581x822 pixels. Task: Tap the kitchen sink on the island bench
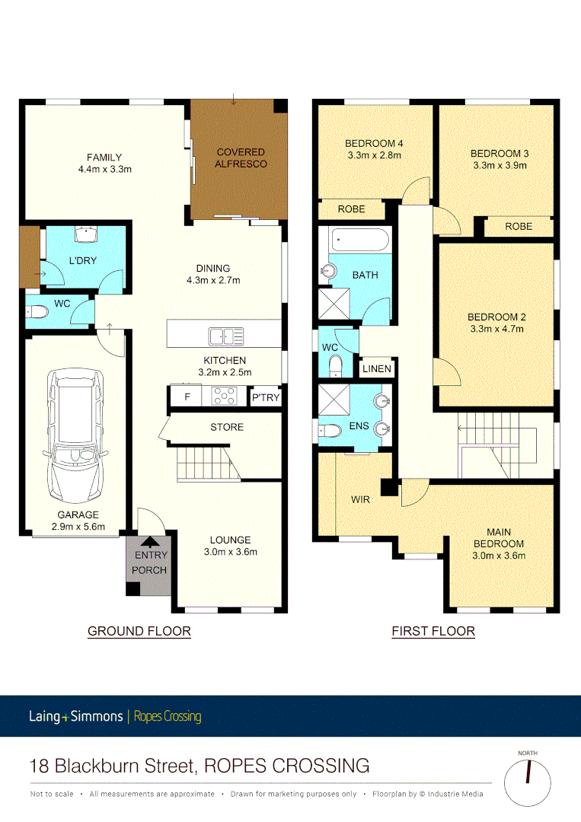(x=226, y=336)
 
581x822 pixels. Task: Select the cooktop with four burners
(x=224, y=396)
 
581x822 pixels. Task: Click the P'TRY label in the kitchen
(x=266, y=397)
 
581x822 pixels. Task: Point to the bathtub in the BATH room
(x=360, y=243)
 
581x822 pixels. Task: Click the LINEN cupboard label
(x=377, y=369)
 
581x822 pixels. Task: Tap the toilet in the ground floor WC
(x=37, y=311)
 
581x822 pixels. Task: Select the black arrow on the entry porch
(x=151, y=542)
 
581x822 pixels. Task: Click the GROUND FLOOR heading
(x=139, y=631)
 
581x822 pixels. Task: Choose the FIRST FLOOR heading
(x=433, y=631)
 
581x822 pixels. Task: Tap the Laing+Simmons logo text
(x=76, y=716)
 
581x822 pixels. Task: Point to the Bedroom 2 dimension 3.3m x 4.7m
(x=496, y=329)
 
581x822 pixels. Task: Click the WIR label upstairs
(x=361, y=500)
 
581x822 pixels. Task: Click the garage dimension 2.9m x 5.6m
(x=75, y=526)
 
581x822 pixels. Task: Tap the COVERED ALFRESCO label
(x=240, y=158)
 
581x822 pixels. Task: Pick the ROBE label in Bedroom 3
(x=518, y=226)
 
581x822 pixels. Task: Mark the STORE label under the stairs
(x=227, y=427)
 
